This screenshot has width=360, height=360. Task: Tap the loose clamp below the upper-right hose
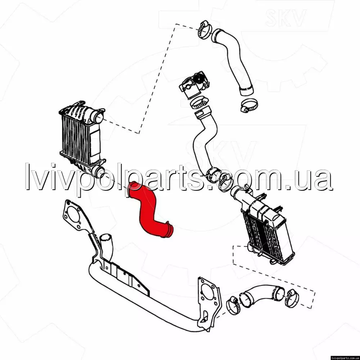249,105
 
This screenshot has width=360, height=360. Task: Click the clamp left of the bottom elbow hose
233,305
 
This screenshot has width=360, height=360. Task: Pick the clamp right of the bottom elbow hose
292,298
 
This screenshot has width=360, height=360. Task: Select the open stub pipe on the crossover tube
107,248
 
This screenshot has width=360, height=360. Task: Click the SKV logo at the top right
285,17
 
